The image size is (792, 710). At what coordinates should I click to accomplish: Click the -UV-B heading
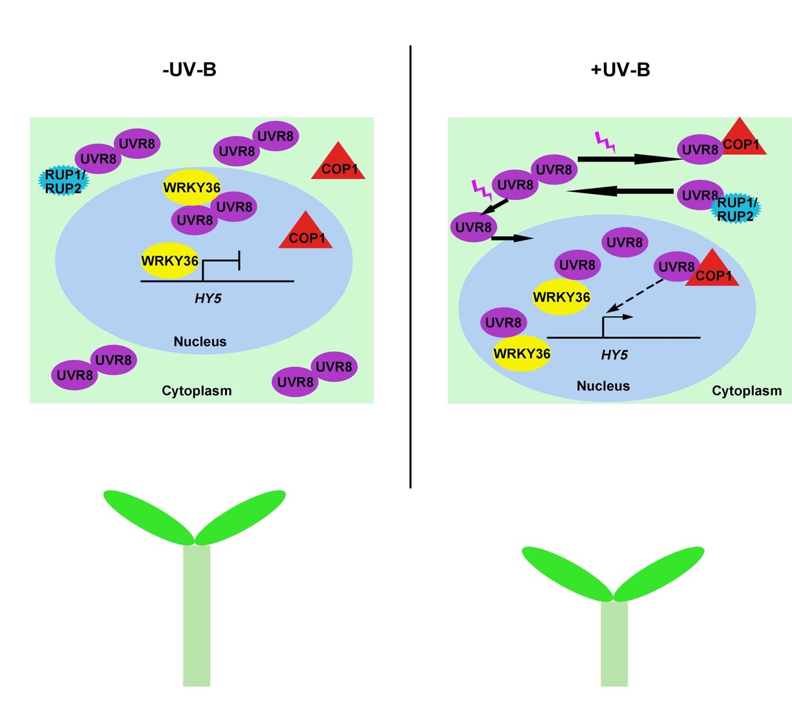189,70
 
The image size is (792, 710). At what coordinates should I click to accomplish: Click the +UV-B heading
620,70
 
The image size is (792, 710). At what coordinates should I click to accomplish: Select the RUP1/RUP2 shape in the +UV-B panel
736,209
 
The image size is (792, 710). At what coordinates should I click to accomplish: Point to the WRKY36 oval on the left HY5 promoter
170,261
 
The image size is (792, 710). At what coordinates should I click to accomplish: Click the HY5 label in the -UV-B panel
208,299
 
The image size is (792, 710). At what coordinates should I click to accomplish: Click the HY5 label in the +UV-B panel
614,355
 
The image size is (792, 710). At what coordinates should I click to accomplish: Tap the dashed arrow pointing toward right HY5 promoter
637,294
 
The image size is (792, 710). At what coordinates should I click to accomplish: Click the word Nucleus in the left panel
200,341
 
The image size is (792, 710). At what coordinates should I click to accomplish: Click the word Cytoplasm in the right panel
747,391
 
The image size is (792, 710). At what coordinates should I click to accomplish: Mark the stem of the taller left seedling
197,614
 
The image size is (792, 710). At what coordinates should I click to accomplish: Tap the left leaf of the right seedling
566,573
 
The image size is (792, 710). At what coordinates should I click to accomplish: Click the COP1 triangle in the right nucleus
712,272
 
